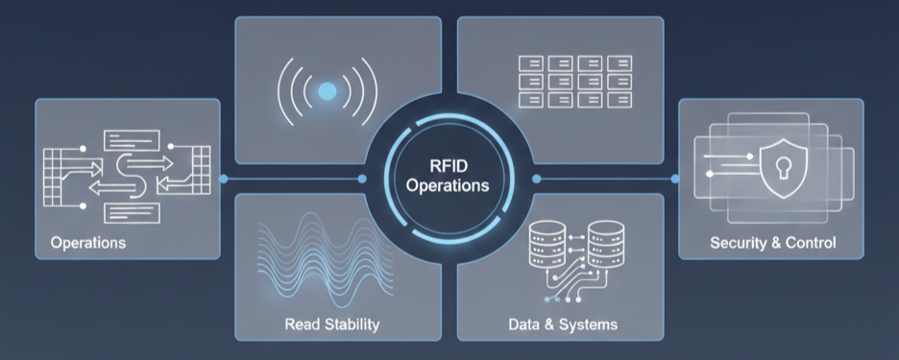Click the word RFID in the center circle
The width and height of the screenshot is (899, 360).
(x=448, y=164)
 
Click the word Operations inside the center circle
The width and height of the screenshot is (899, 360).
(x=448, y=185)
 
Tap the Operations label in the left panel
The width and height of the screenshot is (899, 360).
(x=88, y=242)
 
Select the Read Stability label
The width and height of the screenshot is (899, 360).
(x=332, y=324)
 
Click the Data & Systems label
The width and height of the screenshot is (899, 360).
(x=563, y=324)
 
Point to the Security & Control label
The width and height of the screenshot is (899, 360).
(x=772, y=242)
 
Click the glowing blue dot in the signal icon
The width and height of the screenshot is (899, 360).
(x=327, y=92)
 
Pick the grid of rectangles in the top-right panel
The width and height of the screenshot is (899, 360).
(x=576, y=82)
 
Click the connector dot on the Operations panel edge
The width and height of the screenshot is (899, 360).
(x=223, y=179)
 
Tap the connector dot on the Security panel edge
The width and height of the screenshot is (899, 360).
(x=675, y=179)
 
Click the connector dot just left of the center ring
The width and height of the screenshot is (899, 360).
(x=362, y=179)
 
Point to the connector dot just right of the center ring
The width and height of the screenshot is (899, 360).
(x=535, y=179)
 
